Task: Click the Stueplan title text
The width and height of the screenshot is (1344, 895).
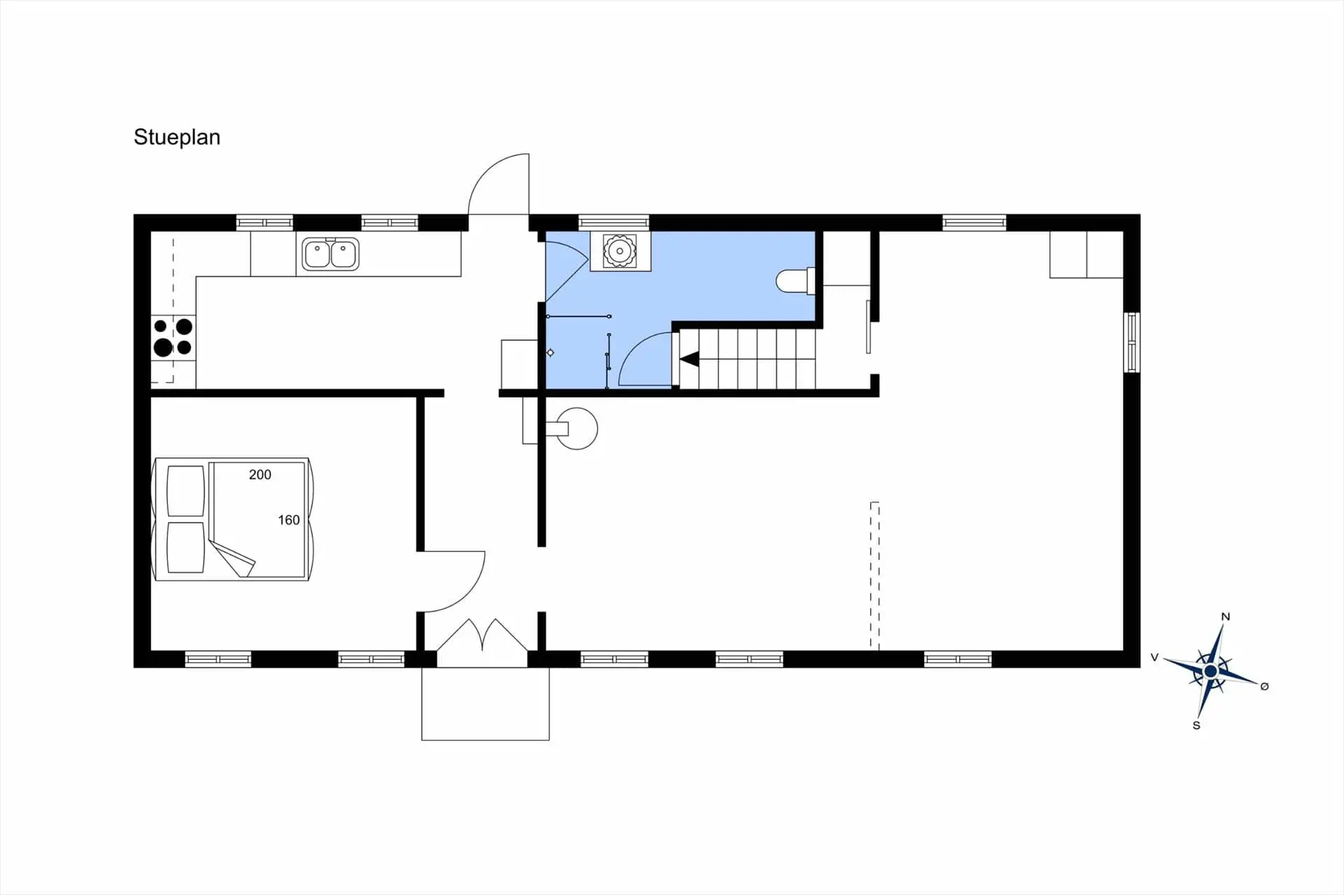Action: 176,137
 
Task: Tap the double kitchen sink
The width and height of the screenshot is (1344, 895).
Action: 330,253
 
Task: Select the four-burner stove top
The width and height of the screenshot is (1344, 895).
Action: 173,337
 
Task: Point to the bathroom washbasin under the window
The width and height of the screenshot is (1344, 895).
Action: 619,251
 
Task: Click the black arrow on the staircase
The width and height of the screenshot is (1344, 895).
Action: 689,360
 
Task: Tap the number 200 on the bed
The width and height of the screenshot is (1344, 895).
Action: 260,474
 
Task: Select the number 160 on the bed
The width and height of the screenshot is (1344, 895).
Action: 288,520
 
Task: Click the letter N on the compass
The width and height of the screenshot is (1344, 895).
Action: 1226,616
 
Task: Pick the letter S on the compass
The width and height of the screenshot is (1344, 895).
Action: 1196,726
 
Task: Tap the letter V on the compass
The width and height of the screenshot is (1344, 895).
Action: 1155,657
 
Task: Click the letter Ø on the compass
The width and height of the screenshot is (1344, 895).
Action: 1264,686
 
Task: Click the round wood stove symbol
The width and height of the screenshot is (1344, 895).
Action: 575,428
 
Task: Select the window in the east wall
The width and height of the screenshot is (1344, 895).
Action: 1131,342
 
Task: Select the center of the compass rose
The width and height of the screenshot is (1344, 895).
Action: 1210,672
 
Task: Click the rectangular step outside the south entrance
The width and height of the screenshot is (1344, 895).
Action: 485,703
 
